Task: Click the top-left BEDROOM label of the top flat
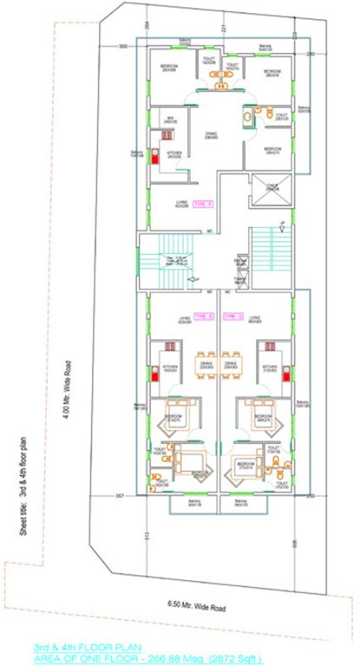click(170, 69)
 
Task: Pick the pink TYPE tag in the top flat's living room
click(202, 204)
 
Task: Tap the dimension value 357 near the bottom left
click(121, 496)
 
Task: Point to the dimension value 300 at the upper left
click(122, 45)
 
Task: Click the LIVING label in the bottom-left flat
click(183, 317)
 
